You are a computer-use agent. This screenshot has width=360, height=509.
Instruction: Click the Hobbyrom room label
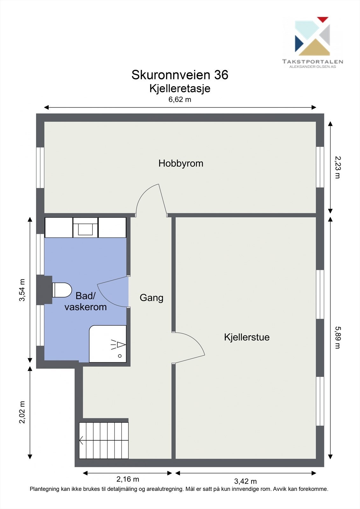(181, 164)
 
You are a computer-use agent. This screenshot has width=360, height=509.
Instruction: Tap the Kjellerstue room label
(247, 337)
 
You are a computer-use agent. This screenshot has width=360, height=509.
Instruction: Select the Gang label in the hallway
(152, 298)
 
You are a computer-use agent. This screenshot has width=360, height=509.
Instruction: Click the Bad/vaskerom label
(85, 302)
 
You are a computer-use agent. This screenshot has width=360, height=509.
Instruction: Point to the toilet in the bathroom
(62, 290)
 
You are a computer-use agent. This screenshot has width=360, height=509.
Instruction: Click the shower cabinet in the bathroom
(108, 344)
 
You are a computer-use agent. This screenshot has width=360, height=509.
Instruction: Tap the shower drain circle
(120, 356)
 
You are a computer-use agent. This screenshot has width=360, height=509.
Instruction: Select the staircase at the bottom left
(104, 440)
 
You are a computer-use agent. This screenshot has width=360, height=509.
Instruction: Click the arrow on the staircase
(81, 441)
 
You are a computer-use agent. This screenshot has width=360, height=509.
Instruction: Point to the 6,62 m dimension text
(180, 99)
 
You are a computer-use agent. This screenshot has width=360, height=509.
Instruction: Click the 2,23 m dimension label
(337, 167)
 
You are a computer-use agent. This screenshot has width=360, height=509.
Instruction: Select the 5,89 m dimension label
(337, 338)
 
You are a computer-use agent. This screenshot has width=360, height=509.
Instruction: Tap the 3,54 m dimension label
(22, 290)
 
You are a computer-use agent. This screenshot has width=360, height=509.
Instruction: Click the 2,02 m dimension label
(22, 412)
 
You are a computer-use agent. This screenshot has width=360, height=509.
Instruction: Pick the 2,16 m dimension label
(128, 479)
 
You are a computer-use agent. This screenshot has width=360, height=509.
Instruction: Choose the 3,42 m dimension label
(245, 481)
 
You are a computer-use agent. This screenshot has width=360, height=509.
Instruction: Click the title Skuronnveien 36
(180, 75)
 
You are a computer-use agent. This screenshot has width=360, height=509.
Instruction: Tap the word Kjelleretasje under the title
(180, 88)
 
